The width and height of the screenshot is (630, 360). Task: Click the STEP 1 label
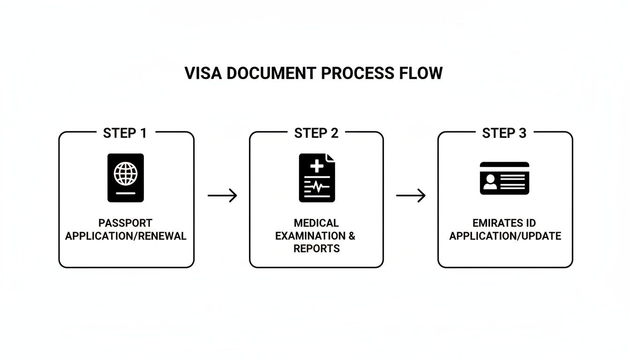tap(125, 133)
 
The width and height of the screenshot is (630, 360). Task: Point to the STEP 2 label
tap(316, 133)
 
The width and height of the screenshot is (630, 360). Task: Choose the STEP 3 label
tap(504, 133)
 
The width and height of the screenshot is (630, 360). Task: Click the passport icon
tap(126, 178)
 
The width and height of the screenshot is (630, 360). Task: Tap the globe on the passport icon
tap(126, 174)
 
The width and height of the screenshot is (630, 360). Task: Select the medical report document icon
tap(317, 178)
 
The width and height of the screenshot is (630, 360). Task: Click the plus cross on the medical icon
tap(317, 165)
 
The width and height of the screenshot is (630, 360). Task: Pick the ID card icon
tap(504, 178)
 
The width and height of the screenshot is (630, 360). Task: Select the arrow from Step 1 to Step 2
tap(222, 195)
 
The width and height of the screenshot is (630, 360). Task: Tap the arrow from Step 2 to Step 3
tap(411, 195)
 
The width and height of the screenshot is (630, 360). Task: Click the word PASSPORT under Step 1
tap(125, 223)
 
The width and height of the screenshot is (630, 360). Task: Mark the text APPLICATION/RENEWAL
tap(126, 236)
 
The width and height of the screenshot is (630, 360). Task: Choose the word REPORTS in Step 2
tap(316, 248)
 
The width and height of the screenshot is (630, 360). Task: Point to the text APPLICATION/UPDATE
tap(505, 236)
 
